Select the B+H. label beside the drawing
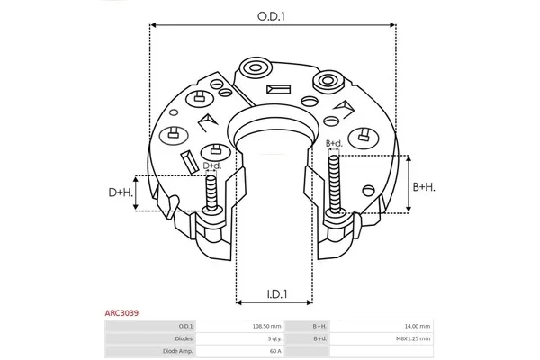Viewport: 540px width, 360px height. (x=425, y=186)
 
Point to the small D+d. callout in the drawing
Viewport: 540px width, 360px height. (x=211, y=166)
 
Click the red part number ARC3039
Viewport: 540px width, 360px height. (x=121, y=314)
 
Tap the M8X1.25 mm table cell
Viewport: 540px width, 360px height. (x=414, y=337)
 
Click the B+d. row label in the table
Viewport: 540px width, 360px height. (x=319, y=337)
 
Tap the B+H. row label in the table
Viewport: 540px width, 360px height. (x=319, y=326)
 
